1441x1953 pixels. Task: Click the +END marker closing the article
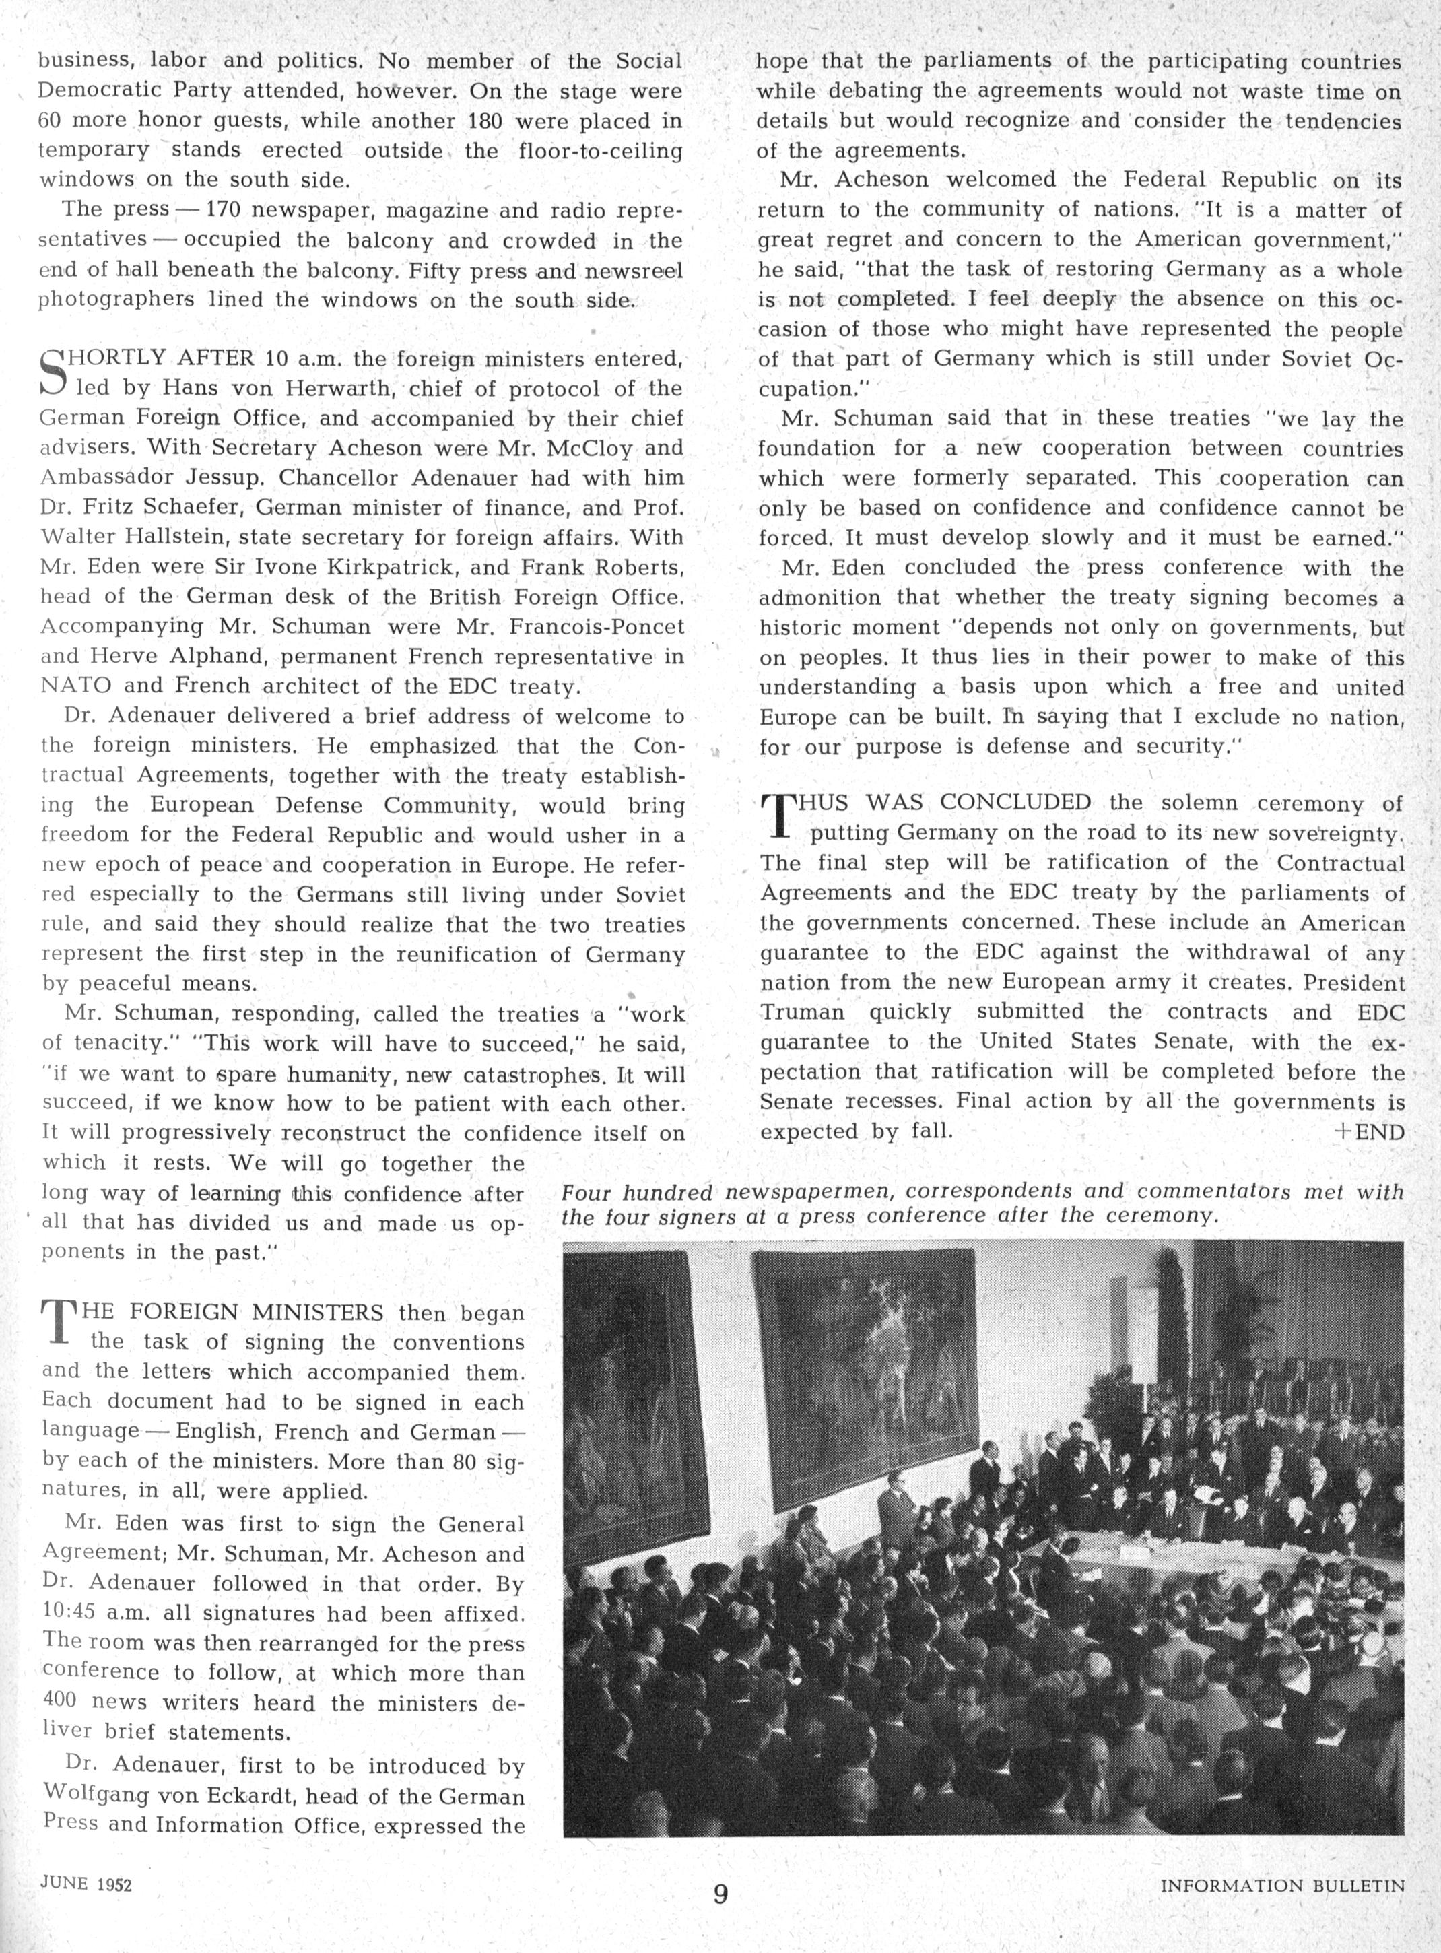1368,1132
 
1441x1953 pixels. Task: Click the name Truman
801,1013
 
